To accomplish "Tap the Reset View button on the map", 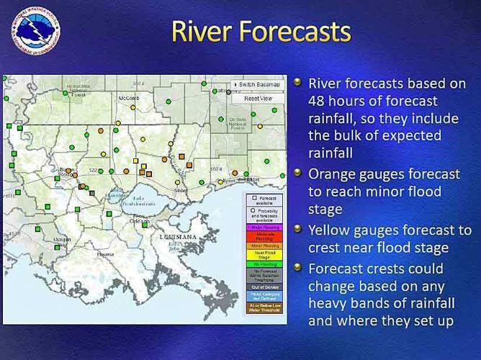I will [257, 98].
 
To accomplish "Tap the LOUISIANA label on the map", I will [178, 237].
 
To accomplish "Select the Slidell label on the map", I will [181, 191].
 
